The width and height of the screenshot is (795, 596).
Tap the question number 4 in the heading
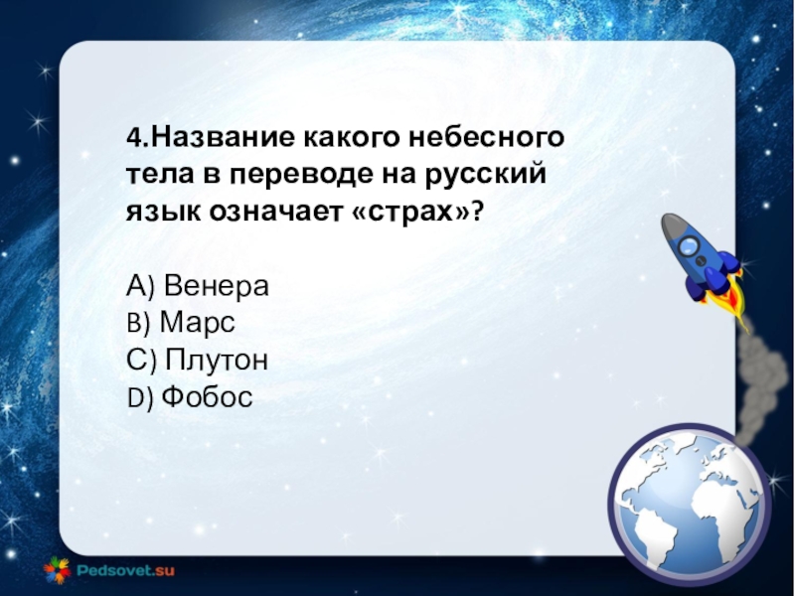click(133, 137)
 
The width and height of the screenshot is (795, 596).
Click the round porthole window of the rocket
click(690, 246)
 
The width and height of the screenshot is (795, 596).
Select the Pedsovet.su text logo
click(126, 570)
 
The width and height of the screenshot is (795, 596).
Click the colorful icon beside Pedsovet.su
click(58, 570)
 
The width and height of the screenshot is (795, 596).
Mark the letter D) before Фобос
click(139, 398)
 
